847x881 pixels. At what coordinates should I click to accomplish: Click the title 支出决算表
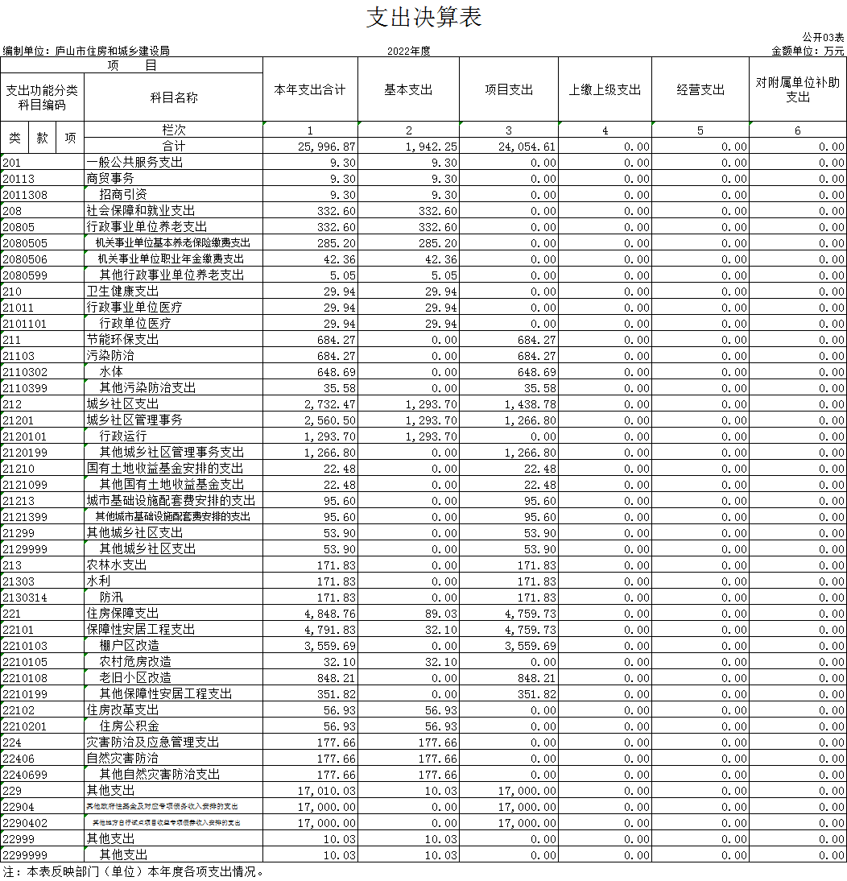point(423,18)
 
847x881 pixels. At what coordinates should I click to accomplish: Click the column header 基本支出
point(408,90)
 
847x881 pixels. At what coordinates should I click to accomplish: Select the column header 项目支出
point(508,90)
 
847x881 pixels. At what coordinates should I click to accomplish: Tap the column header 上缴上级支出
point(605,90)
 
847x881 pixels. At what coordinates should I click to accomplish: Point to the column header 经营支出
point(700,90)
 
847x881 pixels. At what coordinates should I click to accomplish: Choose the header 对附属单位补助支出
point(797,90)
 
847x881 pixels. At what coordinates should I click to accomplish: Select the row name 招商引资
point(123,195)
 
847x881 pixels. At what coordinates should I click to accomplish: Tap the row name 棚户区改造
point(129,646)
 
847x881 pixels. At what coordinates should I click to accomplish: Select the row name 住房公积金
point(129,726)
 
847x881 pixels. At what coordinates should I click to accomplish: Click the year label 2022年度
point(408,51)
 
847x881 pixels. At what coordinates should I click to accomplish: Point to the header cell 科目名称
point(173,97)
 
